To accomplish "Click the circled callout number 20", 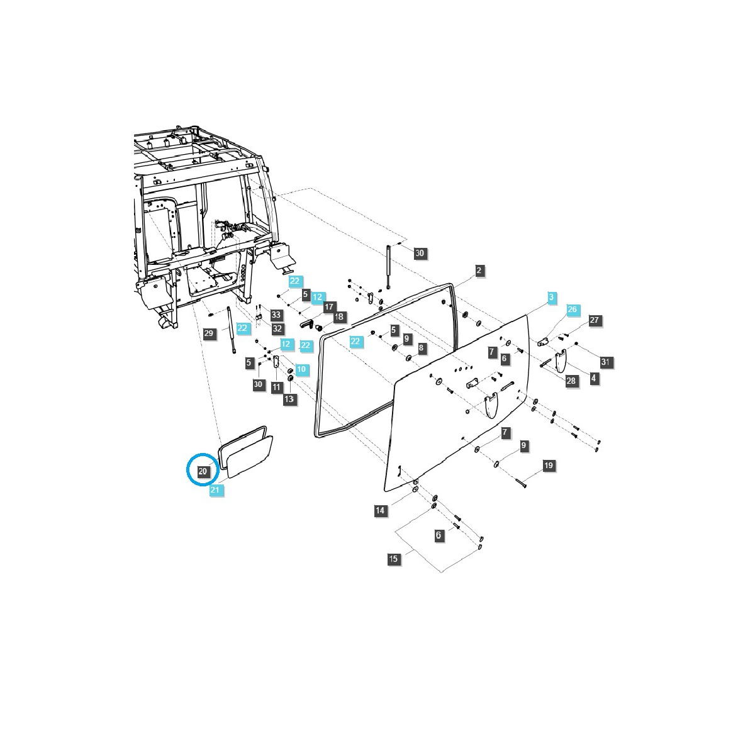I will (x=203, y=471).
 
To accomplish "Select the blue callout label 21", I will (x=216, y=491).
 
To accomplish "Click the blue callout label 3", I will (x=551, y=297).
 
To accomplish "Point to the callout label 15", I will (x=393, y=559).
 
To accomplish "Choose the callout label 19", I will (x=549, y=466).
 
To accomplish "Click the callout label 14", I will (x=379, y=510).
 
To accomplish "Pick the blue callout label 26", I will (x=571, y=310).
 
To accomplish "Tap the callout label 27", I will (x=595, y=320).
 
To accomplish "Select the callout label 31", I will (x=605, y=362).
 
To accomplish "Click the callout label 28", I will (x=571, y=381).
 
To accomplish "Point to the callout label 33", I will (x=276, y=315).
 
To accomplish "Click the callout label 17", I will (x=328, y=306).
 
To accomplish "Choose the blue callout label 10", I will (x=301, y=369).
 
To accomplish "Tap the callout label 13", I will (x=289, y=399).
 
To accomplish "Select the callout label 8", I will (x=421, y=348).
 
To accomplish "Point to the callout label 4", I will (x=593, y=378).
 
